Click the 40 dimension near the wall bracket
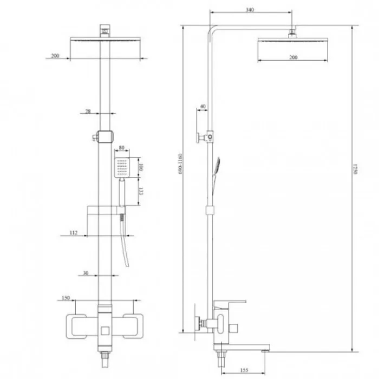coord(202,107)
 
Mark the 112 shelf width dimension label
coord(74,233)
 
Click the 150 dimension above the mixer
coord(66,297)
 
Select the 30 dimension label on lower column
coord(86,273)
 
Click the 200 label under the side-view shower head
coord(293,57)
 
